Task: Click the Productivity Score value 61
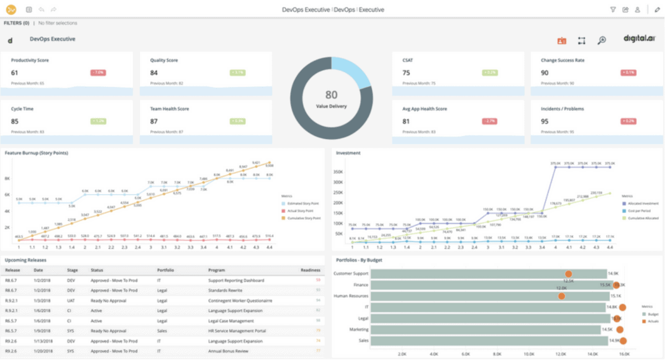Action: coord(14,73)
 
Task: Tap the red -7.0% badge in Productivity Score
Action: coord(98,73)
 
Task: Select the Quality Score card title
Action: coord(164,60)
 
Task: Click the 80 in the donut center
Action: coord(331,95)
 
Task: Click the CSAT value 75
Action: coord(406,73)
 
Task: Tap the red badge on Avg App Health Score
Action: coord(490,121)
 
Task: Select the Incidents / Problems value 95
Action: coord(545,121)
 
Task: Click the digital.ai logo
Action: coord(639,39)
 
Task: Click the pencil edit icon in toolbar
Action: coord(657,9)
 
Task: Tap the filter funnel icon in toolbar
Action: coord(613,9)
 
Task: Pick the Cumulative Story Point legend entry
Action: coord(303,218)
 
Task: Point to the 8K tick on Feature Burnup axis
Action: coord(8,178)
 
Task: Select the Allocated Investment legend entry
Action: coord(643,203)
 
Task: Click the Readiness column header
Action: coord(311,270)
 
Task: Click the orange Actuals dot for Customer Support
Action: coord(569,274)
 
